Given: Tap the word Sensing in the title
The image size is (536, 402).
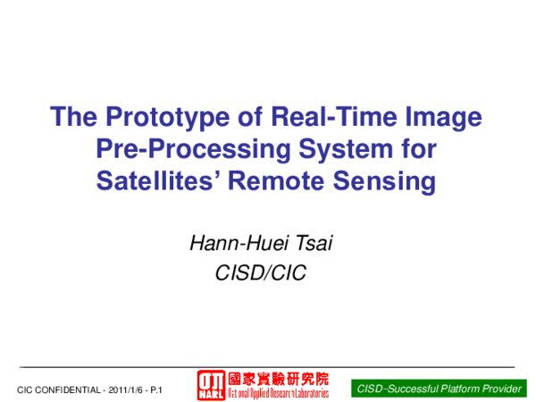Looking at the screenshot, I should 389,180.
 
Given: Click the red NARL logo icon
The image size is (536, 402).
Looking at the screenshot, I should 212,384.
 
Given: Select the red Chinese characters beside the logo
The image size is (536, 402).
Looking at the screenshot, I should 278,378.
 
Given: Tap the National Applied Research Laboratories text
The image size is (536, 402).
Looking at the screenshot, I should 278,393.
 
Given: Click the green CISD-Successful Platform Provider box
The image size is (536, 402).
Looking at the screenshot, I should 440,389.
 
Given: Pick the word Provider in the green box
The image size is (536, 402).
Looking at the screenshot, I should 500,389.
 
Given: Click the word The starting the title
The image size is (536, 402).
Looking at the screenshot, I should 72,118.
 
